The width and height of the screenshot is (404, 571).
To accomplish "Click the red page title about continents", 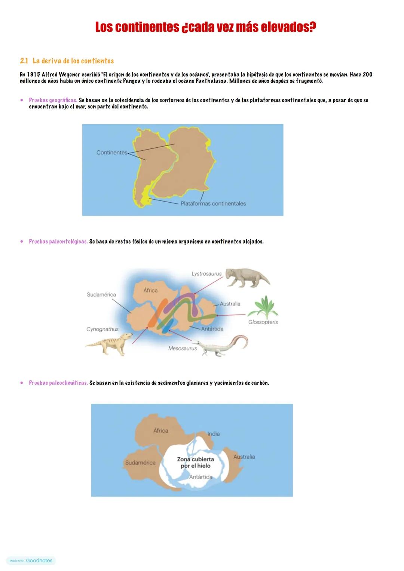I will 205,27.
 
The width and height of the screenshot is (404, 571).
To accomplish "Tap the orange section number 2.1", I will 24,61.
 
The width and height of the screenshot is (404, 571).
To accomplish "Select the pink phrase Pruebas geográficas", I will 53,101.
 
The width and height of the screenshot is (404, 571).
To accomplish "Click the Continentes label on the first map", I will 111,153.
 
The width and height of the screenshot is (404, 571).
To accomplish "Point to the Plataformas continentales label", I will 213,204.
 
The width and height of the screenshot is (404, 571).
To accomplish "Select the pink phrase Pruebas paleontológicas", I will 58,242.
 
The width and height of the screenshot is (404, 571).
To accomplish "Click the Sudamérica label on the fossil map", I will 101,295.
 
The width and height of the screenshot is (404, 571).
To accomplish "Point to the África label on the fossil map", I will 150,291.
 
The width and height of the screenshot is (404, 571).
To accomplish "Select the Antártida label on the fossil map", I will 212,329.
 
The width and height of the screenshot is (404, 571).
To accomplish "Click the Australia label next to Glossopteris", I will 230,304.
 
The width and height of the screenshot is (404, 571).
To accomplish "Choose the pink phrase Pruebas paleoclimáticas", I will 58,383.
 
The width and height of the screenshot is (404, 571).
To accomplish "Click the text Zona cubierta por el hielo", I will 196,463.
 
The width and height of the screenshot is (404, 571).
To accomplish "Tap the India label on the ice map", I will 214,434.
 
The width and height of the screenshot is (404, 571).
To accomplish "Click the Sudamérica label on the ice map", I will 140,463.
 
